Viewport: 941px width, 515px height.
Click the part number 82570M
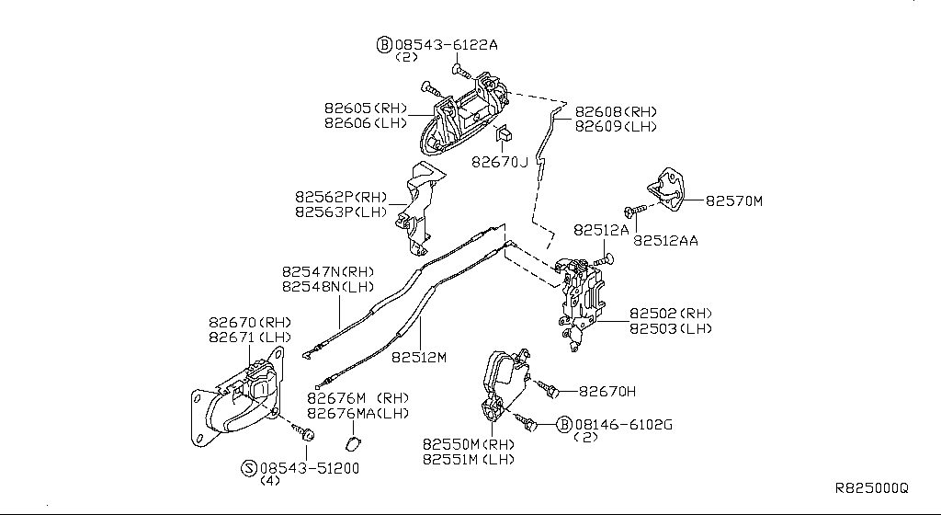point(734,200)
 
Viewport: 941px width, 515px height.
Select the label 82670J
point(501,162)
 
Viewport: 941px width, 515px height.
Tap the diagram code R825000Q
point(870,488)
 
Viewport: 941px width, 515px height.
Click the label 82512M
point(419,357)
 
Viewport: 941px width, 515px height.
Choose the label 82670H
point(607,391)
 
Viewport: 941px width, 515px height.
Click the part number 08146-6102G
point(624,424)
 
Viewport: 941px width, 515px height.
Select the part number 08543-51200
point(309,467)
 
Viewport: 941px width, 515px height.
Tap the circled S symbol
point(248,467)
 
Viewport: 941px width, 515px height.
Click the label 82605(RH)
point(365,108)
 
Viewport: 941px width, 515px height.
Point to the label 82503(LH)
point(671,328)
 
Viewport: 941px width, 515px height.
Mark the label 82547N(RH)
point(327,272)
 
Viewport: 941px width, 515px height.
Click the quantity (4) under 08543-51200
point(270,481)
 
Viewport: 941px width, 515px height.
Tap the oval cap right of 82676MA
point(352,445)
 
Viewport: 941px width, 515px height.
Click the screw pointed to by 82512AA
point(633,209)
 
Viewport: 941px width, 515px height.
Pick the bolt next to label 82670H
point(549,391)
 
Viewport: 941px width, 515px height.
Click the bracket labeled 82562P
point(419,207)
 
